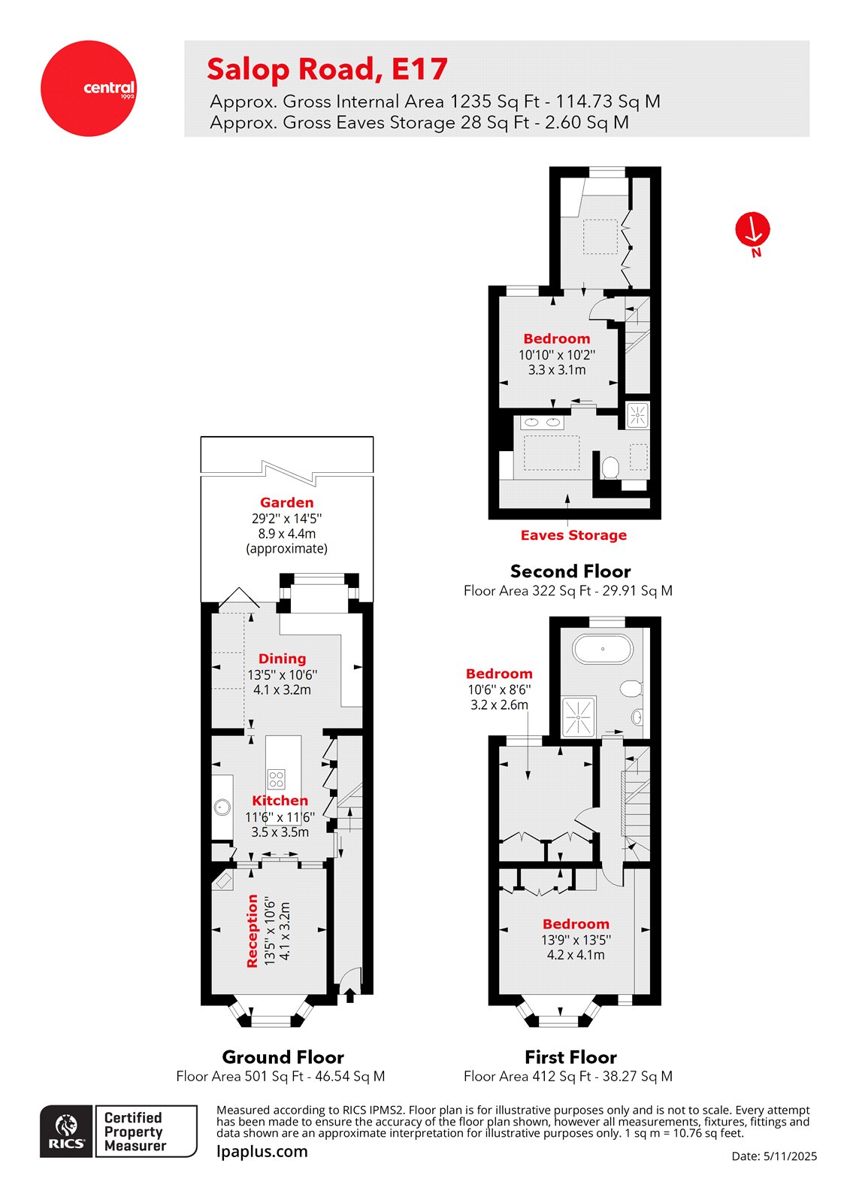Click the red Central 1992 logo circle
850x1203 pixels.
(89, 89)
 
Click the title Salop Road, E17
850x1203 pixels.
(327, 69)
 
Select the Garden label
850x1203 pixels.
(286, 502)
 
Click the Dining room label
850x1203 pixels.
(282, 659)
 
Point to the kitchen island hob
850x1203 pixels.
(277, 779)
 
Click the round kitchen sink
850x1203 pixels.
(221, 808)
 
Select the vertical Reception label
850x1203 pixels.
(253, 930)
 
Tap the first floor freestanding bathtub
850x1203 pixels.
(603, 649)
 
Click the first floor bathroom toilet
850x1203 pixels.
(631, 688)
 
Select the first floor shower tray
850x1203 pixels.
(579, 716)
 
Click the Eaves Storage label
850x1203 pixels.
(573, 535)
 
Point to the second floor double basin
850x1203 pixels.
(542, 422)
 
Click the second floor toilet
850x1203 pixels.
(610, 468)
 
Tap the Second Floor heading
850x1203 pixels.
(570, 571)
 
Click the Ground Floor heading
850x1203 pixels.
(283, 1057)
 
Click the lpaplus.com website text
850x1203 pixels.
(262, 1151)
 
